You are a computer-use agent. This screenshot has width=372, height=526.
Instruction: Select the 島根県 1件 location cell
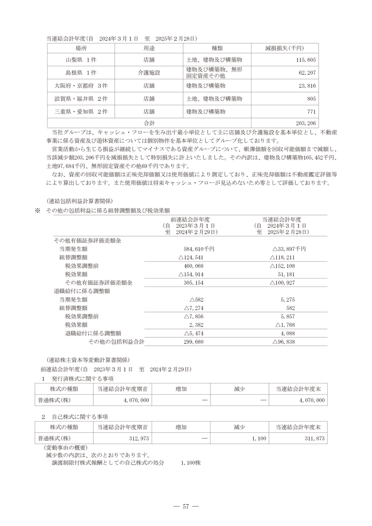(81, 73)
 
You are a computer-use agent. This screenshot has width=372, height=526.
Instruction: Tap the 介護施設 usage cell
(149, 73)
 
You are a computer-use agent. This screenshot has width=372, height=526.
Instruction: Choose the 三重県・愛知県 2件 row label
(81, 112)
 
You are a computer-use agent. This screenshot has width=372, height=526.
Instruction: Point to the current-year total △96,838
(284, 342)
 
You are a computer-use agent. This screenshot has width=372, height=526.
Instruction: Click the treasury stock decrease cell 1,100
(259, 438)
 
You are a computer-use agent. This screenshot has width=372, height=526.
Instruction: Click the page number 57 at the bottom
(186, 506)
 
